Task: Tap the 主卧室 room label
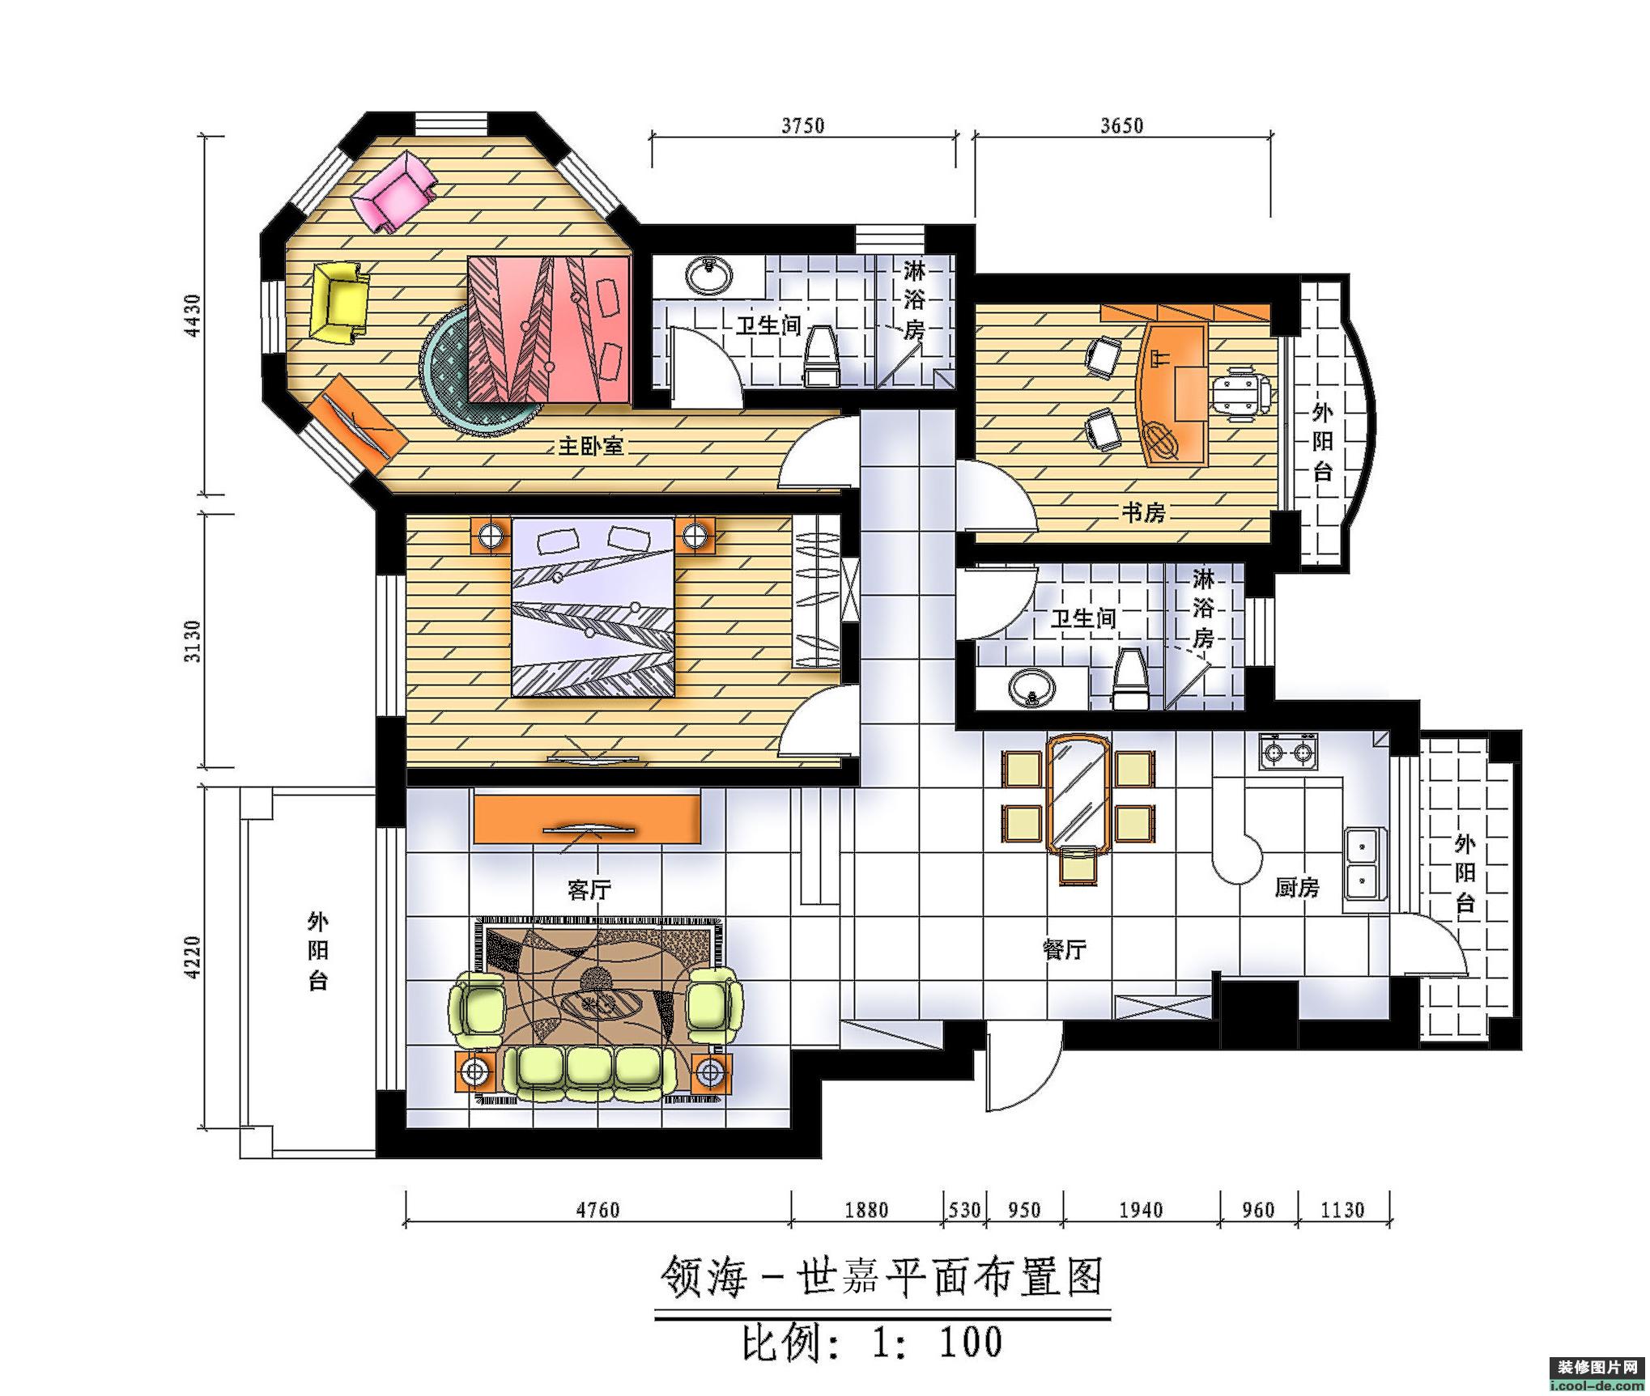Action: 590,446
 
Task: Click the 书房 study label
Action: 1143,511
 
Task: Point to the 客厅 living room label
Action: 589,890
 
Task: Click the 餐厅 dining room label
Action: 1064,950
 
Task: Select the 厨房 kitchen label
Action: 1297,889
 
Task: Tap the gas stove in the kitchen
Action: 1288,751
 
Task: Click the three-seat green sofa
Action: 589,1072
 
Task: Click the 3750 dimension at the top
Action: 802,125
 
